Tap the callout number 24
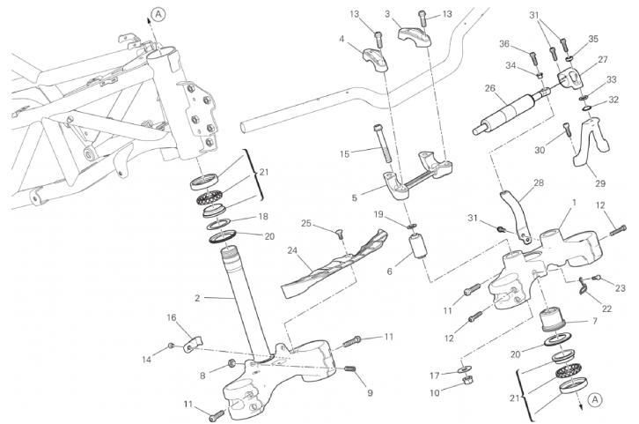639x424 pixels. tap(292, 251)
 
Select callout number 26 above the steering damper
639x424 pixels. tap(490, 88)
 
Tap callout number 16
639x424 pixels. tap(173, 317)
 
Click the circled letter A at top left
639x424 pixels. tap(158, 13)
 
